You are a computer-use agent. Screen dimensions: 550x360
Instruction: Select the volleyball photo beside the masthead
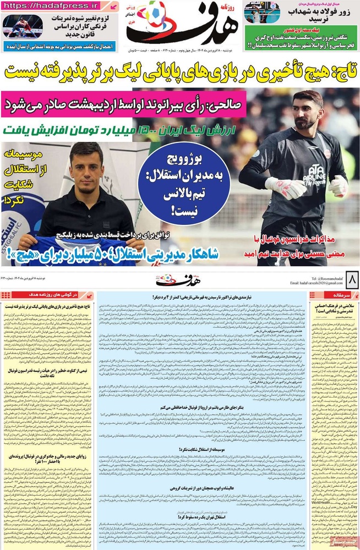click(263, 12)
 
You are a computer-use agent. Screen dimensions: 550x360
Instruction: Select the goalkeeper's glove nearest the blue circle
click(284, 188)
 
